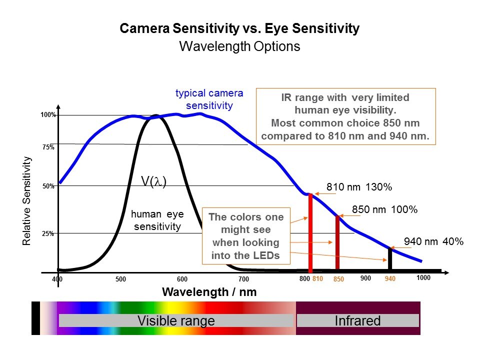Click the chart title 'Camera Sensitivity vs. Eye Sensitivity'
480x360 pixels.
[239, 28]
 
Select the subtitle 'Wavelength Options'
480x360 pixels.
[239, 46]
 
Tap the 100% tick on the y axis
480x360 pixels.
[48, 115]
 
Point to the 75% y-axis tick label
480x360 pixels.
[48, 147]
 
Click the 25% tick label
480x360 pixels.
[48, 233]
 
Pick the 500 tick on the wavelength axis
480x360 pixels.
[120, 279]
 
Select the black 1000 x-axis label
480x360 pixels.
[423, 277]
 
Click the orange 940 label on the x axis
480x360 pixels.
[390, 279]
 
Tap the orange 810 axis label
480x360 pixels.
[318, 279]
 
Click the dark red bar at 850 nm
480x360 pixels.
[337, 242]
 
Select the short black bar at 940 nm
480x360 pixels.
[390, 259]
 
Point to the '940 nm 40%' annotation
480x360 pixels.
[433, 241]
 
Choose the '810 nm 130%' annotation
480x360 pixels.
[359, 187]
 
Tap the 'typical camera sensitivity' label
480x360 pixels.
[209, 99]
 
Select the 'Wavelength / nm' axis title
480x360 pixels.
[209, 292]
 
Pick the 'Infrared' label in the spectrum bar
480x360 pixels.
[357, 320]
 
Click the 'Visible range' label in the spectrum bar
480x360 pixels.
[176, 320]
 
